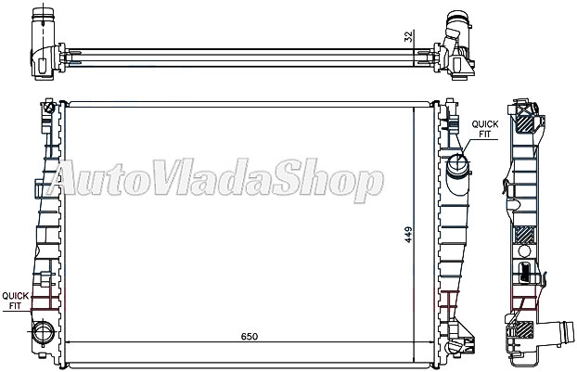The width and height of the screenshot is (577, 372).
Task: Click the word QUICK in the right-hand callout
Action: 486,123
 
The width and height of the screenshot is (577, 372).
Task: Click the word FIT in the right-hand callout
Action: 485,134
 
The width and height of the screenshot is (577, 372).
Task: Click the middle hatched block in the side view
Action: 526,237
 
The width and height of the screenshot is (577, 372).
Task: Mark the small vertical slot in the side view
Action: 525,271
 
